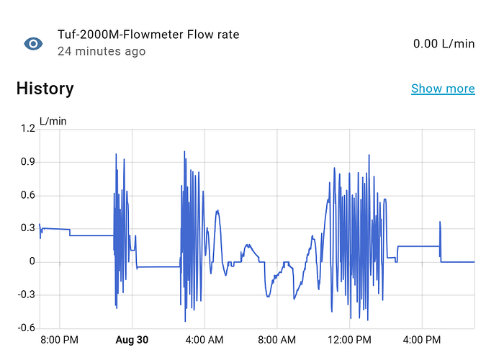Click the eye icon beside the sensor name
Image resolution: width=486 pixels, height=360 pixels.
tap(33, 44)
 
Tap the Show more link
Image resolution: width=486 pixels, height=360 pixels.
tap(443, 89)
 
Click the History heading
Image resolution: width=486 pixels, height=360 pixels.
tap(45, 89)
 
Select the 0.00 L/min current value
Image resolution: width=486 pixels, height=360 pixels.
tap(444, 44)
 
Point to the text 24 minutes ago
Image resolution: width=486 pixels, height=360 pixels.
tap(102, 52)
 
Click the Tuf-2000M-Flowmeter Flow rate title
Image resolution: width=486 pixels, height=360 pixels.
tap(148, 35)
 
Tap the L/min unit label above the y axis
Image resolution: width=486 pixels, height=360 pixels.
tap(53, 121)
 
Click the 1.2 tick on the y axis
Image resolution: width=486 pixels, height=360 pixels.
tap(28, 129)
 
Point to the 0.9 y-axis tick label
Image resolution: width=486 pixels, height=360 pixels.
tap(28, 162)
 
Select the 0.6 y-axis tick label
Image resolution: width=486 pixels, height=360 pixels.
tap(28, 195)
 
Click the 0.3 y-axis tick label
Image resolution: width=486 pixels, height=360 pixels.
tap(28, 228)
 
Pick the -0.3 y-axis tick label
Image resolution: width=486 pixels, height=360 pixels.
tap(27, 294)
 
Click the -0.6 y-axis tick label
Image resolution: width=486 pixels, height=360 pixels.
tap(27, 328)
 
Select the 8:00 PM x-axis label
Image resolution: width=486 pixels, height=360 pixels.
tap(59, 340)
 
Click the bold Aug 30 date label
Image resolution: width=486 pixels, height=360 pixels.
tap(132, 340)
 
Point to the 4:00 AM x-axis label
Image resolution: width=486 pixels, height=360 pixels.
tap(204, 340)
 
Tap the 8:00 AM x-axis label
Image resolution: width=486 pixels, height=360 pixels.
tap(277, 340)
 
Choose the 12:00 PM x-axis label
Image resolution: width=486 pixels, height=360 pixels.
tap(350, 340)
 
